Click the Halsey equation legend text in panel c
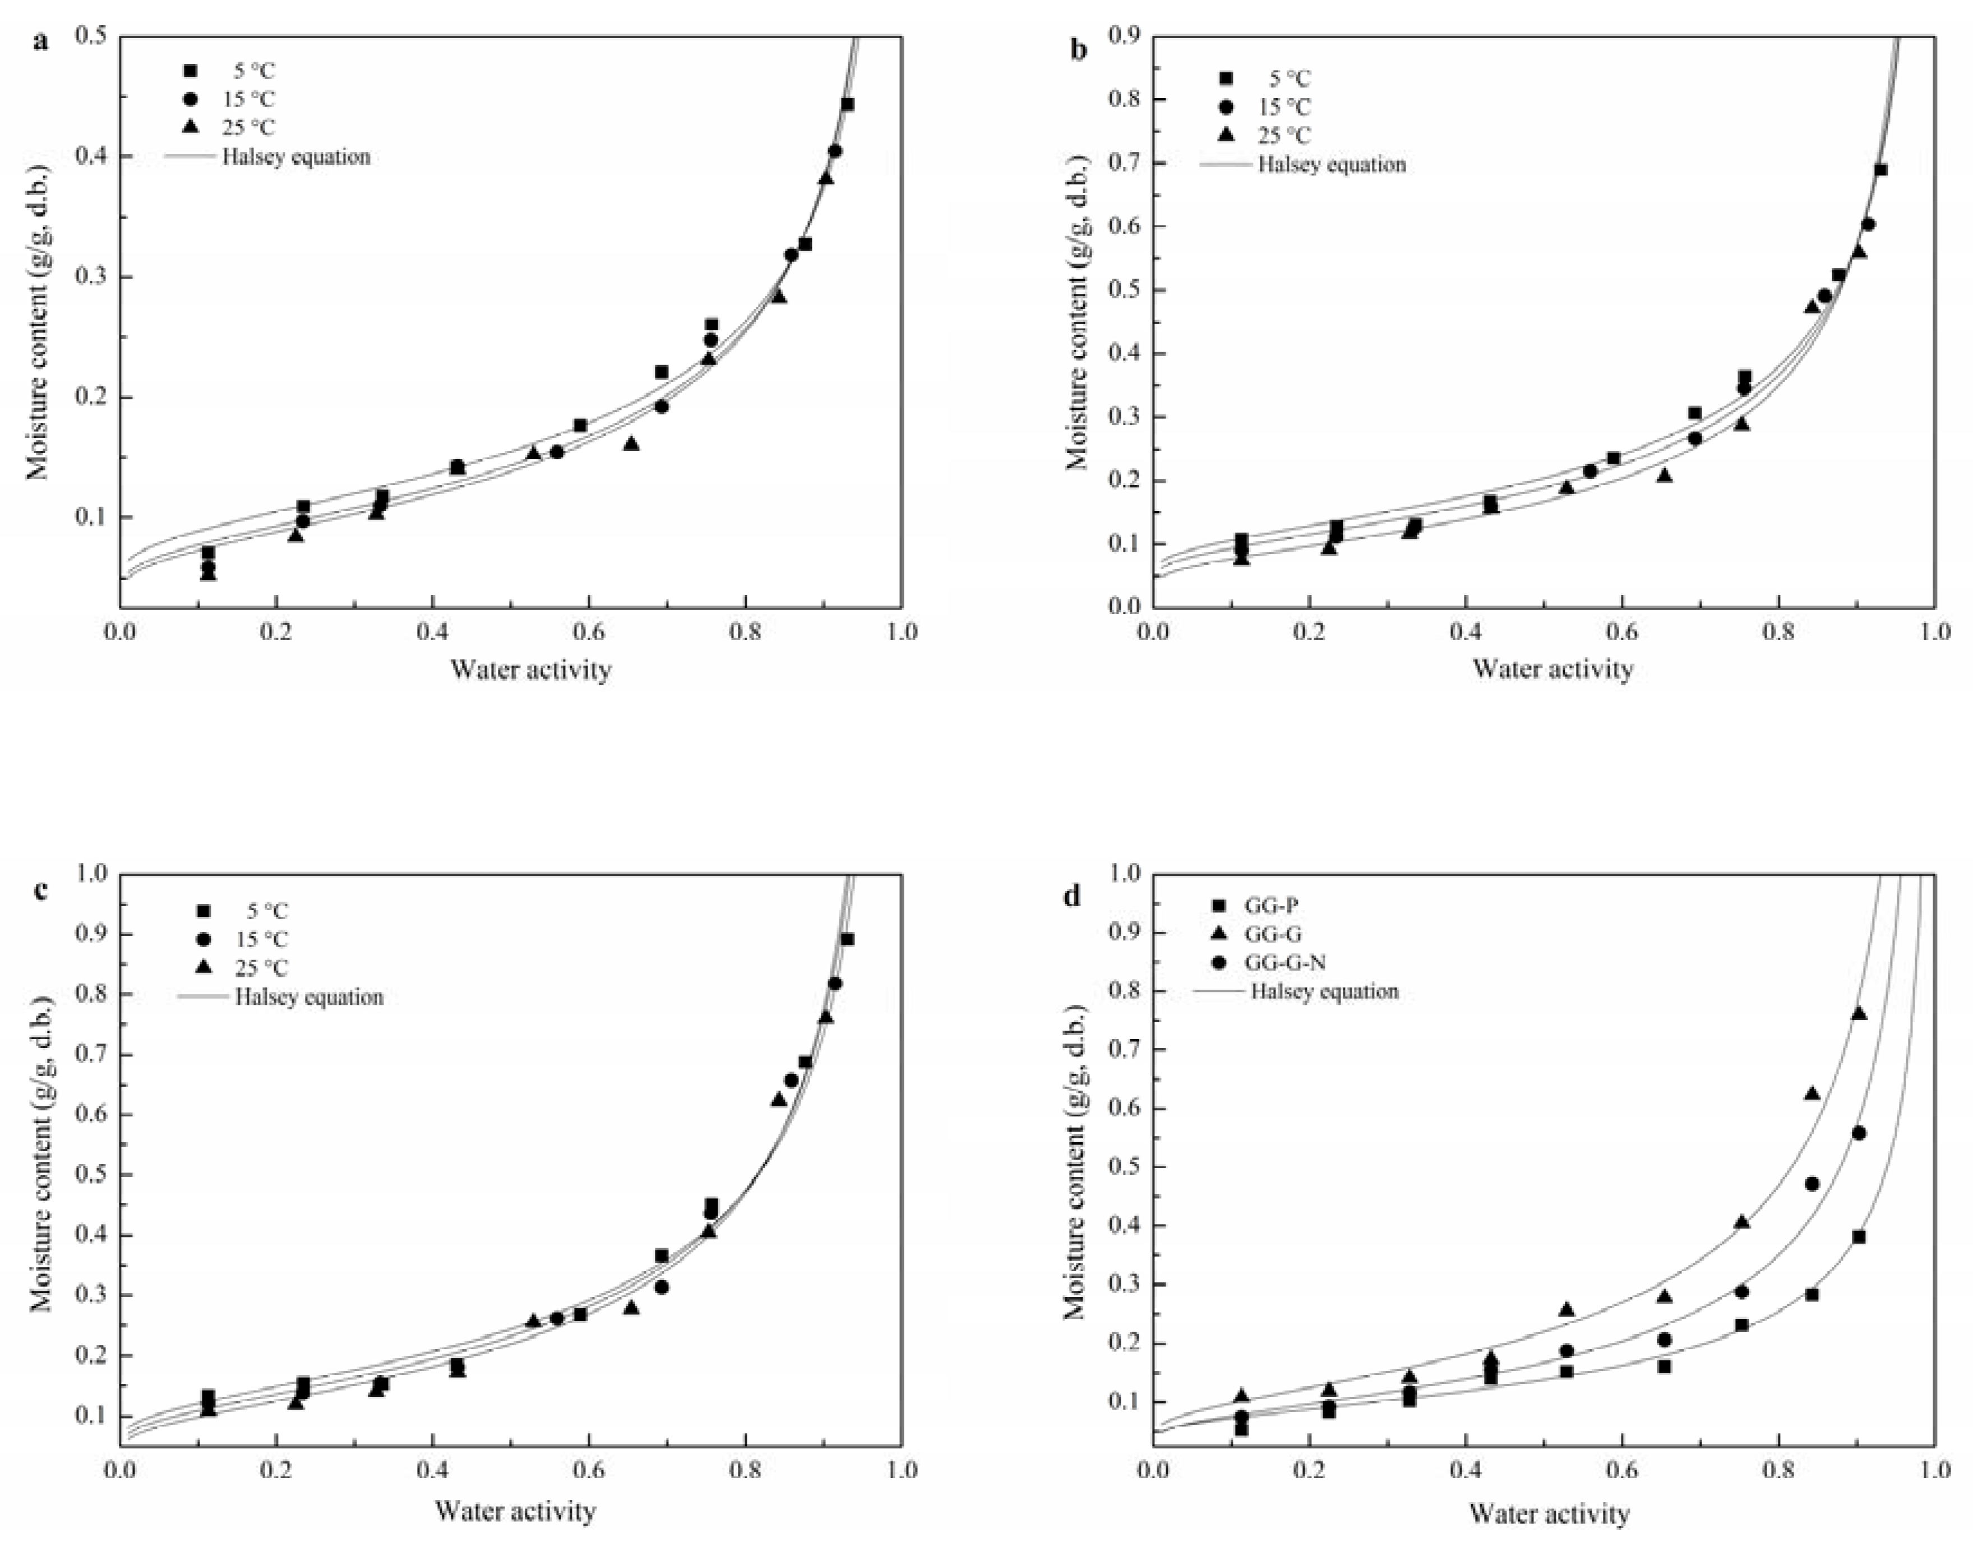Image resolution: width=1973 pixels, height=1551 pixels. tap(309, 997)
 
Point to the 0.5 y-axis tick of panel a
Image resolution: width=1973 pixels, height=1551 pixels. tap(94, 36)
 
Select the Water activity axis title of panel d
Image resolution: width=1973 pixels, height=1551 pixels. tap(1550, 1514)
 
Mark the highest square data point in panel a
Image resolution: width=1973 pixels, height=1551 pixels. tap(847, 104)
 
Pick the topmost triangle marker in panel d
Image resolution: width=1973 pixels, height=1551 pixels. tap(1859, 1013)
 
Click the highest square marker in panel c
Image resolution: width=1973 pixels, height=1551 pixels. tap(847, 939)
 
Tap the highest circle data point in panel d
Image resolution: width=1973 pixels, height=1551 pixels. tap(1859, 1132)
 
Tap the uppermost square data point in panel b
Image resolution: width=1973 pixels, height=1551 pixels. tap(1880, 170)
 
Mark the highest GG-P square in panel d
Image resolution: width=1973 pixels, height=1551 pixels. tap(1859, 1237)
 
